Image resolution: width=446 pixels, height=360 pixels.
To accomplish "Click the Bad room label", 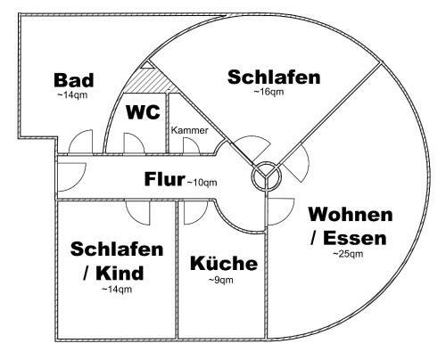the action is pos(74,80).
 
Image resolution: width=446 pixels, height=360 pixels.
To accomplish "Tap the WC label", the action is pos(143,112).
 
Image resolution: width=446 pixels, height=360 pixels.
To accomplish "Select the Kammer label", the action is pos(190,130).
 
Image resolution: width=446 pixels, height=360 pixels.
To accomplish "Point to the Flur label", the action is pos(164,179).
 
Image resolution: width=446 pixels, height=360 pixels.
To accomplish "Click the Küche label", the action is pos(224,263).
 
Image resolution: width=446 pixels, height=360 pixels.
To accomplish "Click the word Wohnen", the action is pos(351,214).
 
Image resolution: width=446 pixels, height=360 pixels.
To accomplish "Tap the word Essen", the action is pos(355,238).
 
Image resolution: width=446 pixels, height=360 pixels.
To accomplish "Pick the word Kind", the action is pos(120,273).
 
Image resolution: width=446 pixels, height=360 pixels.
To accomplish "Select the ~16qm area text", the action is pos(268,92).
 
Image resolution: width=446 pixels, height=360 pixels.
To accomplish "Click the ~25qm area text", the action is pos(348,254).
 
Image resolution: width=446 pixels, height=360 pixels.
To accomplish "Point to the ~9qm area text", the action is pos(220,280).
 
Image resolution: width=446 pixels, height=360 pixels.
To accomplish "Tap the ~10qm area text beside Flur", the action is pos(202,182).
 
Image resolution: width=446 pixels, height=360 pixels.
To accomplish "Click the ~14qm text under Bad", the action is pos(72,95).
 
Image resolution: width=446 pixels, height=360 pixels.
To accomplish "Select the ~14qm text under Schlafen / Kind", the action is pos(117,289).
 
